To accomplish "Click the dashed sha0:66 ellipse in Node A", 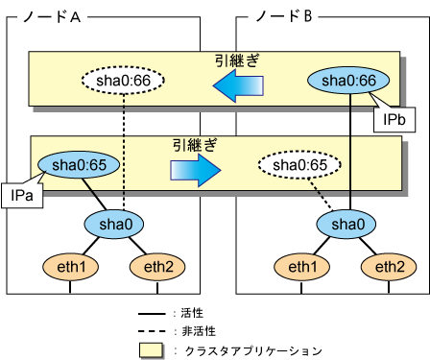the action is (x=123, y=80).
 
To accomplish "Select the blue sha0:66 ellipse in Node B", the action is (x=348, y=80).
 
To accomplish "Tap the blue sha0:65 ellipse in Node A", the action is (x=79, y=165).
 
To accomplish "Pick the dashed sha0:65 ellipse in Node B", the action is (x=299, y=165).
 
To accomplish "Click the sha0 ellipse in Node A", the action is (x=114, y=224).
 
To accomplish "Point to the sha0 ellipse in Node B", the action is (x=346, y=224).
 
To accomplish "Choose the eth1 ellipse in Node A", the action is (x=71, y=267).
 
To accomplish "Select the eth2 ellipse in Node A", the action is (x=157, y=267).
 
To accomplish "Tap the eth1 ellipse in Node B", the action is (x=302, y=267).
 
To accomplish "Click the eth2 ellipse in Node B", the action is (x=389, y=267).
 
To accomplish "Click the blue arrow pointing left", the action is (x=238, y=85).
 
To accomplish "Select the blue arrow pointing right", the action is (x=196, y=170).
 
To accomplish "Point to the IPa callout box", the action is (x=22, y=196).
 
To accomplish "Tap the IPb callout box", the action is (x=394, y=120).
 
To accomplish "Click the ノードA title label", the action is (x=52, y=16).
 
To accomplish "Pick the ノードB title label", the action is (x=284, y=16).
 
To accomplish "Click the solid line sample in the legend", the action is (x=152, y=314).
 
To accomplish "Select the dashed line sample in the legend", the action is (x=152, y=331).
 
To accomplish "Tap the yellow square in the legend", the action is (x=151, y=350).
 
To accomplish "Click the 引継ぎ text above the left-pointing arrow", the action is (x=237, y=60).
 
